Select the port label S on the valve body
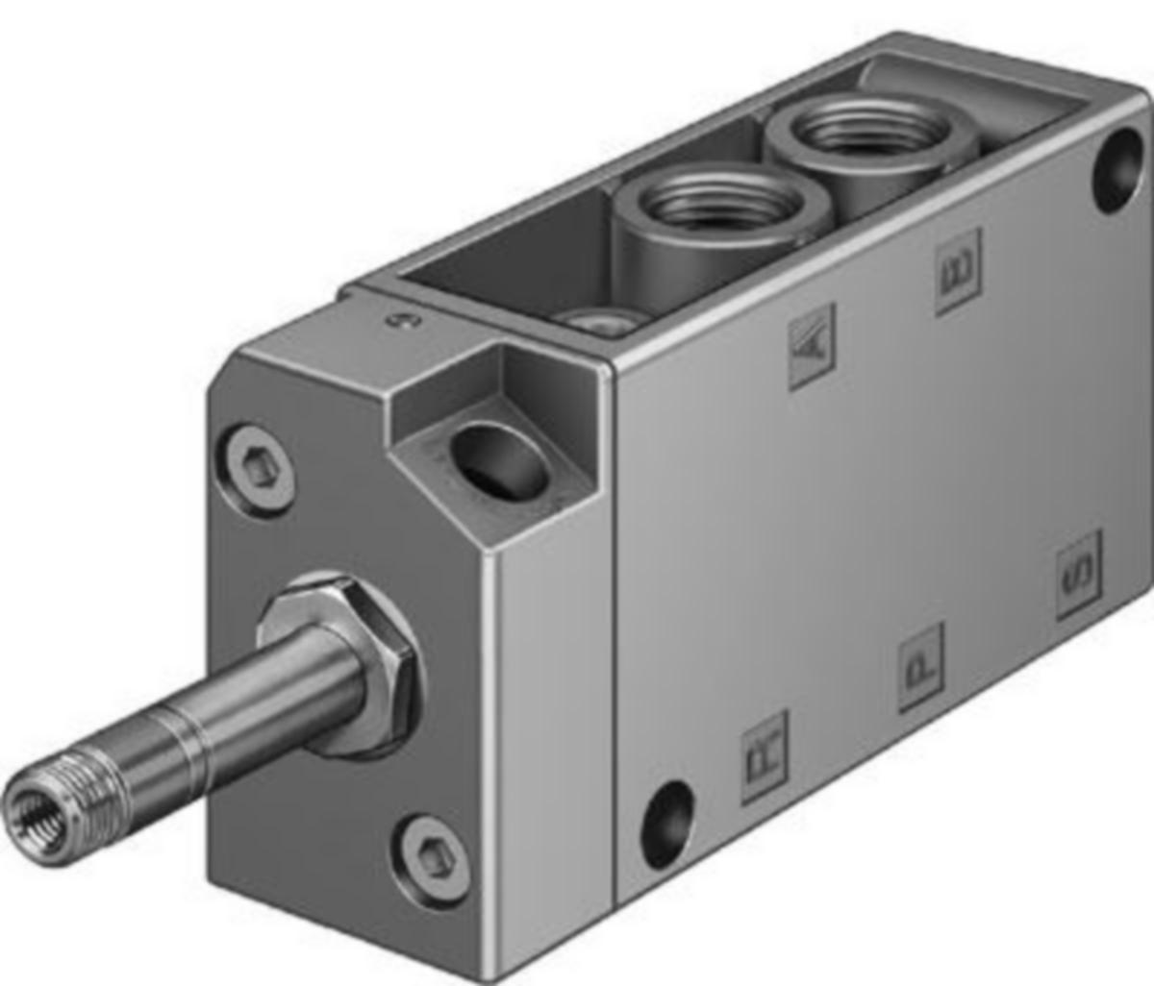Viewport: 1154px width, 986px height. pos(1078,574)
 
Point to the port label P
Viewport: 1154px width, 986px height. pos(920,667)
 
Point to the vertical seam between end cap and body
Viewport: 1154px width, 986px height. pos(613,625)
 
